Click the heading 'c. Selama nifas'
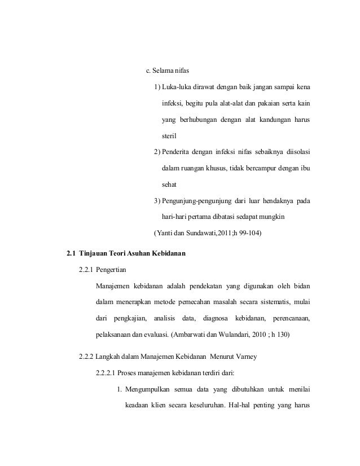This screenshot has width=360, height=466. click(168, 71)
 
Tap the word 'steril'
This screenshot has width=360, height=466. click(170, 136)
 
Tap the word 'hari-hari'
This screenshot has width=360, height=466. click(174, 217)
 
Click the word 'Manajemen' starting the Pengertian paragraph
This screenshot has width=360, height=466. click(116, 287)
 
